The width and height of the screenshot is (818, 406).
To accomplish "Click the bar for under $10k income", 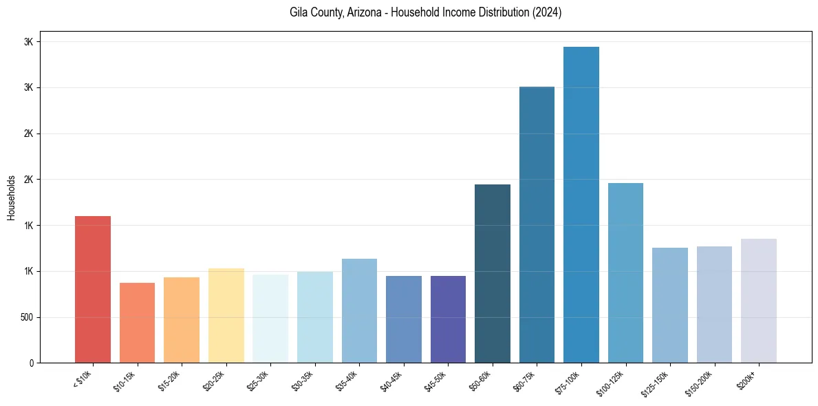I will click(93, 289).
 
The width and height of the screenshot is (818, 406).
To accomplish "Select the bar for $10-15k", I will click(137, 323).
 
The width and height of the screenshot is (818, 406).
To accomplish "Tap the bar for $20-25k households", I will click(226, 315).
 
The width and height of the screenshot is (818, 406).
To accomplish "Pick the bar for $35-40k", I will click(359, 310).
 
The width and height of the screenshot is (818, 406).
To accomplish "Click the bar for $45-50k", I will click(448, 319).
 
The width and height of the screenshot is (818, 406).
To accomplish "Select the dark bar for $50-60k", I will click(493, 273).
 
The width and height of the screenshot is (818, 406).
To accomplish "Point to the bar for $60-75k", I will click(537, 224).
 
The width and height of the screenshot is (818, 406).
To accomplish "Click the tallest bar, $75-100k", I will click(581, 204).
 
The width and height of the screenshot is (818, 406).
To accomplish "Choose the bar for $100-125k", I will click(625, 273).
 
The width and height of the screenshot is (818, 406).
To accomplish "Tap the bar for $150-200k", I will click(714, 304).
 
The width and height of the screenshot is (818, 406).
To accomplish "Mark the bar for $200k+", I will click(759, 301).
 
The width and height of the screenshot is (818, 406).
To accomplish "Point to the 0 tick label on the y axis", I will click(31, 363).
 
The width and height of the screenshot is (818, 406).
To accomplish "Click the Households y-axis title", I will click(11, 197).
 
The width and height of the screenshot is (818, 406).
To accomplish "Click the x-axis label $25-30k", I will click(259, 381).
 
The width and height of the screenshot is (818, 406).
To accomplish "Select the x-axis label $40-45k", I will click(392, 381).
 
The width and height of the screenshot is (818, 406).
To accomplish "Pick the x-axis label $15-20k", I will click(170, 381).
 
